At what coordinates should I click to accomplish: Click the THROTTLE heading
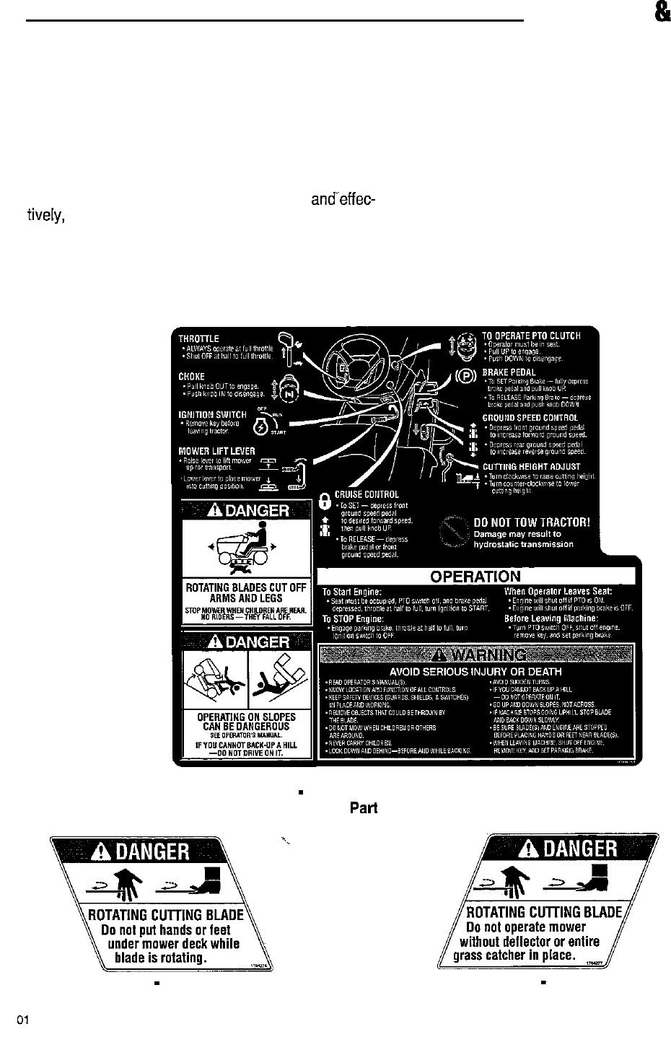(199, 338)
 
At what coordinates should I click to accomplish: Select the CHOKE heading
(192, 377)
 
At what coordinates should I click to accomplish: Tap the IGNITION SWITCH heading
(214, 415)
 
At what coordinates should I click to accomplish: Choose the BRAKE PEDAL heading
(509, 372)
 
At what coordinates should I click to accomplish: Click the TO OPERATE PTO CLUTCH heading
(531, 336)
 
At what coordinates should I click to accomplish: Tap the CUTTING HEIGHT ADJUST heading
(531, 467)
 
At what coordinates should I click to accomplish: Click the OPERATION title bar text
(475, 576)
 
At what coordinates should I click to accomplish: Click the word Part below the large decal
(364, 808)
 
